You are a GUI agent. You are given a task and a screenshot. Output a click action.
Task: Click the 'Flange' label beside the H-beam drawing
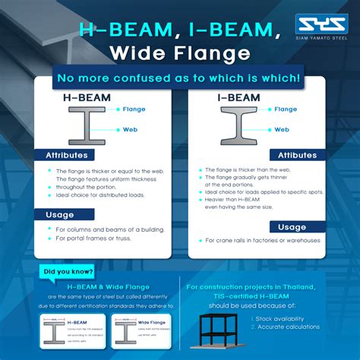[x=134, y=109]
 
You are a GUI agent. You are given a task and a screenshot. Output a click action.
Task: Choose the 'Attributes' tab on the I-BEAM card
[x=296, y=155]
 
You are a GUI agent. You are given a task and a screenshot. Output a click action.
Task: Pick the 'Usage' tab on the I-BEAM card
[x=292, y=227]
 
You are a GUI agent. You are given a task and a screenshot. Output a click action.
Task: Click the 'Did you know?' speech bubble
[x=69, y=271]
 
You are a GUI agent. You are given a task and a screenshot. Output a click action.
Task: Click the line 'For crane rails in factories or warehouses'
[x=262, y=241]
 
